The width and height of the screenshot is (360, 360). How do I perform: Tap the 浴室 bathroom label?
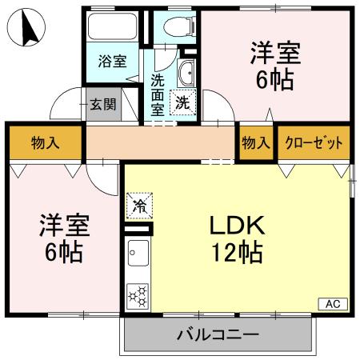[112, 62]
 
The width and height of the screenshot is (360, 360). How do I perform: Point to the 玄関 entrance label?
[102, 104]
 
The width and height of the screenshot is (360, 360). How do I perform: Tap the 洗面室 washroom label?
[158, 92]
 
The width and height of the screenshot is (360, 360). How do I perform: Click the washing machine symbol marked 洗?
[184, 102]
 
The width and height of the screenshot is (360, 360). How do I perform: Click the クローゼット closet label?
[314, 144]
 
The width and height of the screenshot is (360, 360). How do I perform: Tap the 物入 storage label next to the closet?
[255, 144]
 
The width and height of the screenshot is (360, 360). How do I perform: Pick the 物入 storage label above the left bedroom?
[45, 144]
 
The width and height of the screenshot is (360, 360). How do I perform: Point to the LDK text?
[237, 226]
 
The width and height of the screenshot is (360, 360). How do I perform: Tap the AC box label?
[334, 304]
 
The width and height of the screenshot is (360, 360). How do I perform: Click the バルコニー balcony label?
[217, 334]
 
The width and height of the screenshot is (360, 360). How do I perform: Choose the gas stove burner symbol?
[138, 295]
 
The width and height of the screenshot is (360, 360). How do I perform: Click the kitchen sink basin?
[136, 255]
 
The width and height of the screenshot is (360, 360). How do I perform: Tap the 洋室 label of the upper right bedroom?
[274, 53]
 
